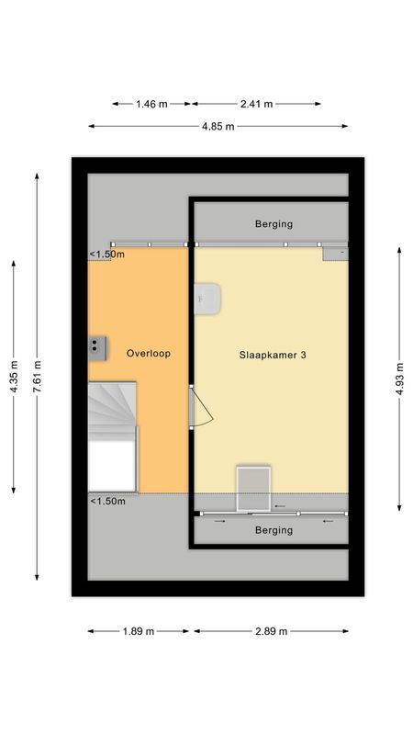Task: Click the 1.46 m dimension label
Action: click(151, 104)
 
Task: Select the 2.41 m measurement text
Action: click(256, 104)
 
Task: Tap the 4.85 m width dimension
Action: click(218, 126)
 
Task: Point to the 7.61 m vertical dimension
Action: click(37, 377)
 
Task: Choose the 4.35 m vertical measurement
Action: click(14, 377)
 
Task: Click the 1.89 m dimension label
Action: click(138, 631)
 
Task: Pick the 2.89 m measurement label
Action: click(271, 631)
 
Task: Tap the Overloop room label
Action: click(149, 353)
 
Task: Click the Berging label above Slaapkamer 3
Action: click(273, 224)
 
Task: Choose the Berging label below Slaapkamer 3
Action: click(273, 530)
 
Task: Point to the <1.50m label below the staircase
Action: click(107, 501)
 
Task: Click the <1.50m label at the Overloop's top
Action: click(107, 255)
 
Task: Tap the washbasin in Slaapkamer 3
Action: click(208, 298)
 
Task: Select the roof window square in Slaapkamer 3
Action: click(254, 487)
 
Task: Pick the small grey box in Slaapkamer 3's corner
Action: click(336, 252)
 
